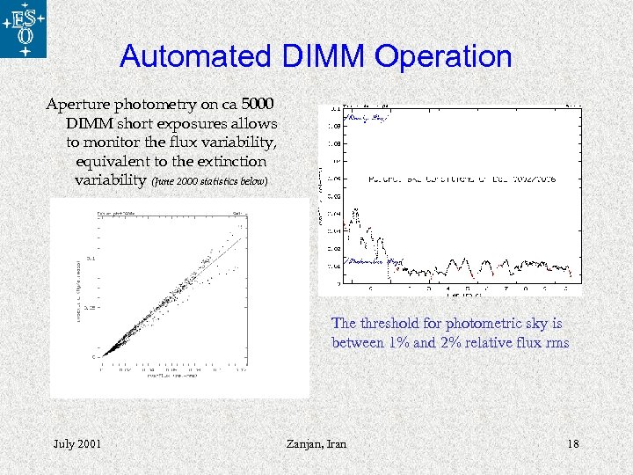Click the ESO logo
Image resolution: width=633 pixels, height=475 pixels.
tap(23, 29)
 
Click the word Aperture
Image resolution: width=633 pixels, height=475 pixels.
tap(83, 105)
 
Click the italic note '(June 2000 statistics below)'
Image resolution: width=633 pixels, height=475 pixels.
tap(207, 182)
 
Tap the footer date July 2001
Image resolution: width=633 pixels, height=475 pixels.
tap(76, 443)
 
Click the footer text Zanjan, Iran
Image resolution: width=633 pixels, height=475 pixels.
tap(316, 443)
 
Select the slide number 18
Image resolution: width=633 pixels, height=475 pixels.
tap(572, 443)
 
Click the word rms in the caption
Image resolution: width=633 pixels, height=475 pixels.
tap(556, 342)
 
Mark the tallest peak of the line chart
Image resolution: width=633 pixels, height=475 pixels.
tap(356, 210)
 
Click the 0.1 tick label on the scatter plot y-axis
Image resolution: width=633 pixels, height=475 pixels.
tap(91, 259)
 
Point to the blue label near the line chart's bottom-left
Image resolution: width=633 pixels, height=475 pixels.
tap(375, 262)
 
